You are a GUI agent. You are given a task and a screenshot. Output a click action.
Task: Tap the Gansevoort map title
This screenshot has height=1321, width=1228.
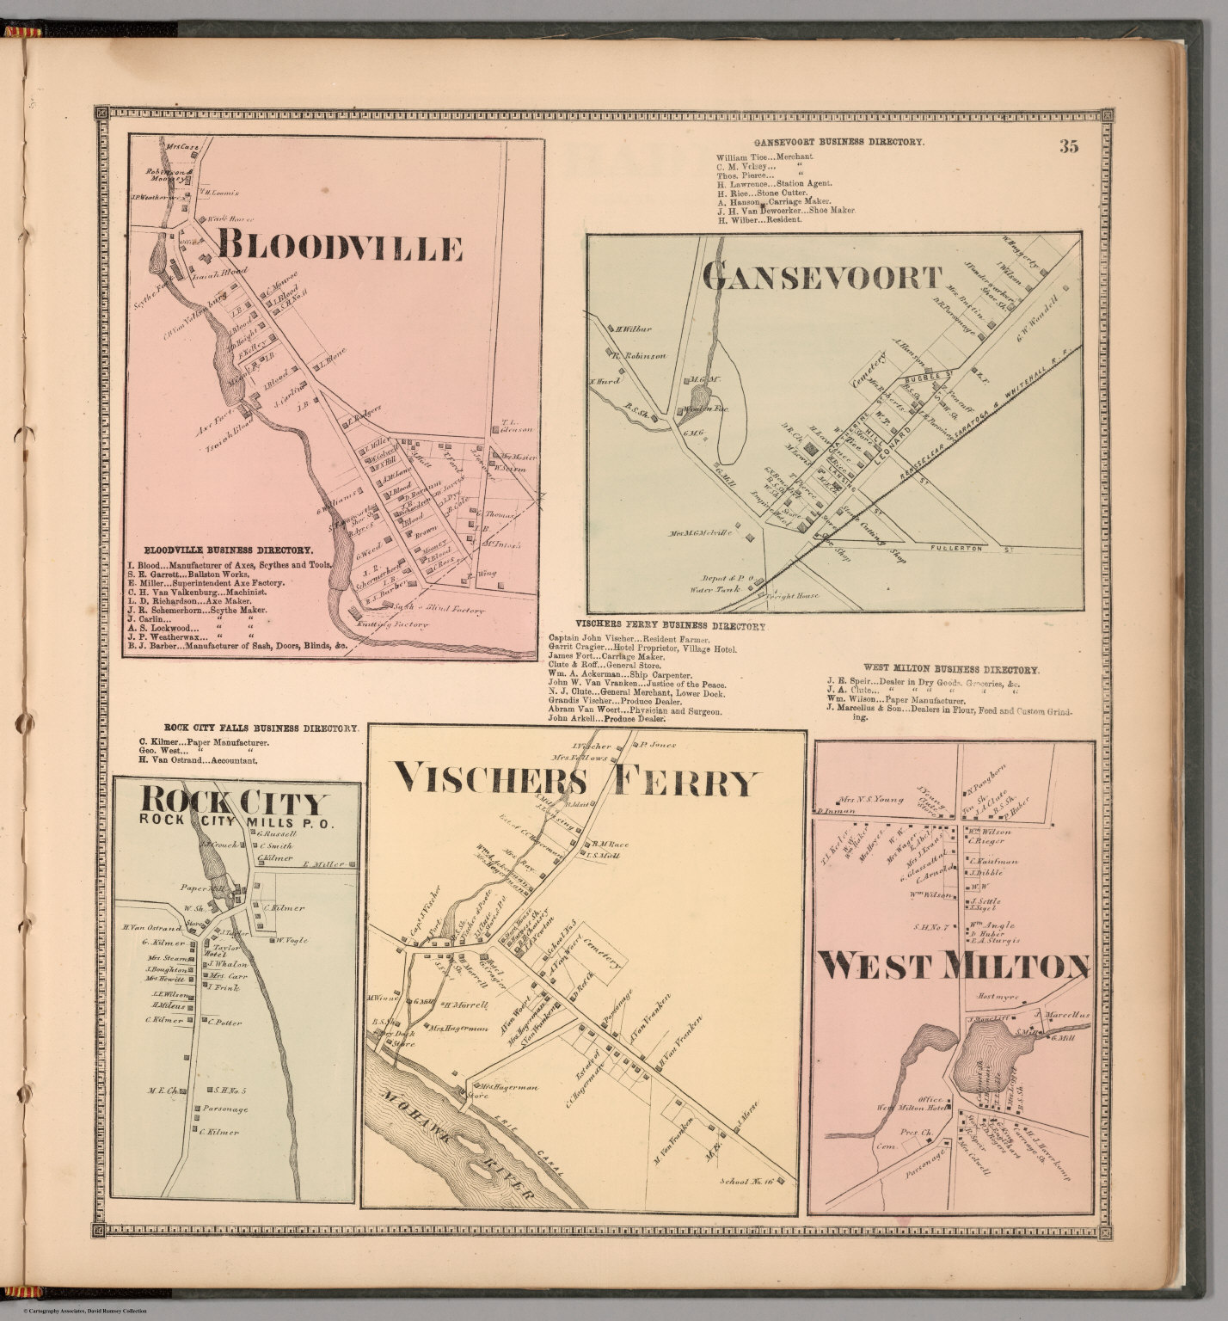[x=822, y=277]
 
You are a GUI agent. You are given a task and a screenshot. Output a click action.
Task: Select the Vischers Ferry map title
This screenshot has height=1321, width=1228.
[x=577, y=782]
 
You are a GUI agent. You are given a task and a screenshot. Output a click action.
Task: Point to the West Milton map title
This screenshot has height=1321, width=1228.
[x=953, y=967]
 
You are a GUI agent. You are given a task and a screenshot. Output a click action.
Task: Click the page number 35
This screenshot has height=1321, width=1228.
[x=1068, y=146]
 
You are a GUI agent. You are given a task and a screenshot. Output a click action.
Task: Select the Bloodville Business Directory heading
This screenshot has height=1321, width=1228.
[x=228, y=549]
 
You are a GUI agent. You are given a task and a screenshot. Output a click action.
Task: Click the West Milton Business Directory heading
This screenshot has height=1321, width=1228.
[x=951, y=669]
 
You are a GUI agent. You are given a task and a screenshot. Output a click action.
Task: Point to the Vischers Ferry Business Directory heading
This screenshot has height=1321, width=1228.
[x=671, y=627]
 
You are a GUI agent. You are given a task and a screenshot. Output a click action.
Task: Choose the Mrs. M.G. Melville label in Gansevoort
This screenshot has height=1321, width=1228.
[x=699, y=533]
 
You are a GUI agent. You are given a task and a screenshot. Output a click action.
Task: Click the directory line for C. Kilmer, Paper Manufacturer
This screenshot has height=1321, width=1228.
[x=204, y=741]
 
